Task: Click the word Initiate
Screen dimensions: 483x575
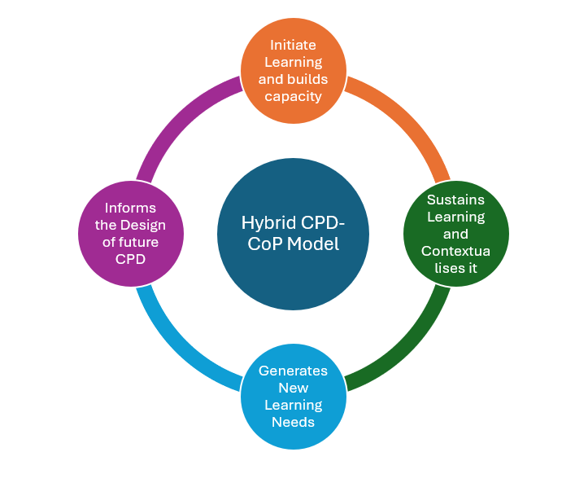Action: [294, 45]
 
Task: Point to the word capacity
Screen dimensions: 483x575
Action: [294, 96]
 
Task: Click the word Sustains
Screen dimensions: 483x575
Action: [456, 200]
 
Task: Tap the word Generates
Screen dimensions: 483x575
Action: [293, 371]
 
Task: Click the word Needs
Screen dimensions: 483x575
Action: [293, 422]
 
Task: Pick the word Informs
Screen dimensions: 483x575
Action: [130, 208]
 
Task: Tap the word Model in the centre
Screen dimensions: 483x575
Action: [312, 243]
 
